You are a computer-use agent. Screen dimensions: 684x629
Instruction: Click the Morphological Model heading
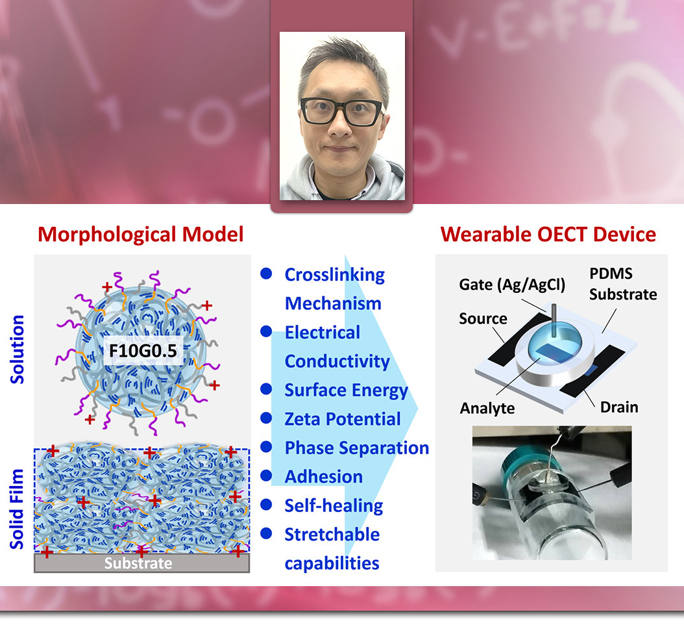(x=140, y=235)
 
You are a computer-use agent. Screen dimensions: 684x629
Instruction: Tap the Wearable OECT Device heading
(x=548, y=235)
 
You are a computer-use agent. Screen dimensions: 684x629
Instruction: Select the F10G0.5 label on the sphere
(x=143, y=351)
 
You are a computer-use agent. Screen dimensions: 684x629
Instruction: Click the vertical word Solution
(x=17, y=349)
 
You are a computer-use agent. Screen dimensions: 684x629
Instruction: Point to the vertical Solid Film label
(x=17, y=509)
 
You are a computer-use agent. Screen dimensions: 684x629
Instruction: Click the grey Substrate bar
(x=141, y=563)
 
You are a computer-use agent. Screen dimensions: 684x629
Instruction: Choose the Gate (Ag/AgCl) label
(x=512, y=285)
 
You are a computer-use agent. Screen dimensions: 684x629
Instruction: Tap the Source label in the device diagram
(x=483, y=318)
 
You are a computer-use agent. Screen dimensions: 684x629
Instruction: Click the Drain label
(x=619, y=407)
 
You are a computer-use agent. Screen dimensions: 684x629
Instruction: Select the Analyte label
(x=487, y=408)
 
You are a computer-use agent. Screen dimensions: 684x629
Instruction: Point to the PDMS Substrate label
(x=623, y=284)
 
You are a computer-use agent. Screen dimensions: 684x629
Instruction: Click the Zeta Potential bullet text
(x=343, y=419)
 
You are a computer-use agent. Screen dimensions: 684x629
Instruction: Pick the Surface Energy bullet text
(x=347, y=391)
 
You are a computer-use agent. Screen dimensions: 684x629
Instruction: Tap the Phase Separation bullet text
(x=357, y=448)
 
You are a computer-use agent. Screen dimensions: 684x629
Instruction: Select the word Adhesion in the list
(x=324, y=476)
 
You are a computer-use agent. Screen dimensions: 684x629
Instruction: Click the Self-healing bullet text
(x=334, y=506)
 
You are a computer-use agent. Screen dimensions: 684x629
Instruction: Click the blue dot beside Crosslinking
(x=266, y=274)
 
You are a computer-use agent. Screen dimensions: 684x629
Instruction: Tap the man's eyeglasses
(x=343, y=112)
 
